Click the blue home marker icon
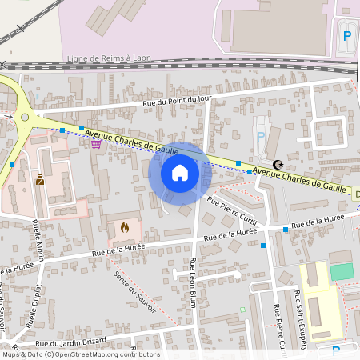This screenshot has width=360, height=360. [x=179, y=173]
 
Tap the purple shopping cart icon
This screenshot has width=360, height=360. [x=96, y=144]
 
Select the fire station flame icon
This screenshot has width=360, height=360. [x=125, y=227]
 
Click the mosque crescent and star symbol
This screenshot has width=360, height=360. [x=278, y=165]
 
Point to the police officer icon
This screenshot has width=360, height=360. [x=40, y=178]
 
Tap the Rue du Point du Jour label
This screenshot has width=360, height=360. [x=177, y=100]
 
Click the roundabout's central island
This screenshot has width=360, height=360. [x=25, y=118]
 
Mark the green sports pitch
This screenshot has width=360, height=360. [x=341, y=272]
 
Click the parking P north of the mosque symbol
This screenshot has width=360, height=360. [x=261, y=137]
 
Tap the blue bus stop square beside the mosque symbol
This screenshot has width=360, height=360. [x=250, y=171]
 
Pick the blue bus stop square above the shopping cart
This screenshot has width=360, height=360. [x=62, y=129]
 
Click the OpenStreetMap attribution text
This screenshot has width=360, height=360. [x=80, y=354]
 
